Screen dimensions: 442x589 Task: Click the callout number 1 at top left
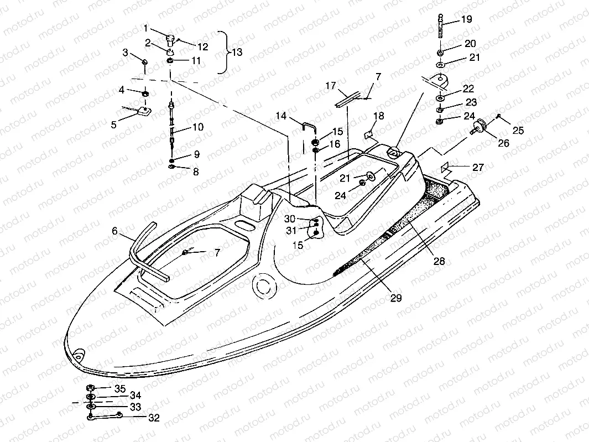(x=146, y=28)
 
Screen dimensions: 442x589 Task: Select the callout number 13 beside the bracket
(x=237, y=53)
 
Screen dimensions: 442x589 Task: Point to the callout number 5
(x=114, y=124)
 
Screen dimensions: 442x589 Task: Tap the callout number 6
(x=114, y=231)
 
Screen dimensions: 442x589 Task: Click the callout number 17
(x=331, y=86)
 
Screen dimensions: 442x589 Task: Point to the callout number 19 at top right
(x=466, y=19)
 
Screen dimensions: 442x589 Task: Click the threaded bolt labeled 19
(x=441, y=25)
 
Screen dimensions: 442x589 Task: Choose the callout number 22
(x=468, y=89)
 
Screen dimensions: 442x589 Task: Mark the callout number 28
(x=439, y=261)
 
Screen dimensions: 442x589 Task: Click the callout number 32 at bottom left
(x=154, y=418)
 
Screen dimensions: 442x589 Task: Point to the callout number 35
(x=120, y=388)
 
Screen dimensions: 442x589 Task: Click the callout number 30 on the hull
(x=290, y=219)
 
